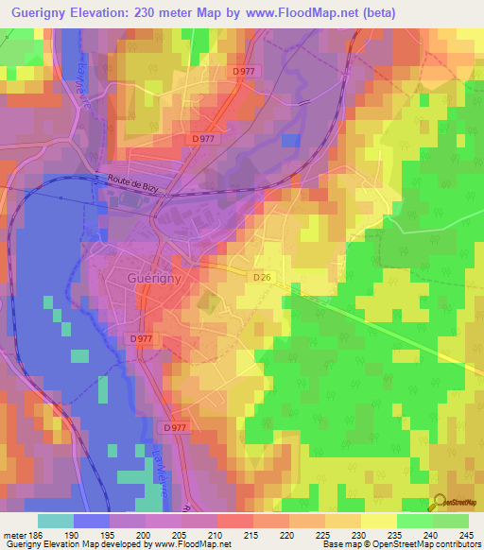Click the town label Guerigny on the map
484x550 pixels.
(154, 279)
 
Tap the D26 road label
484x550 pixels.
(263, 277)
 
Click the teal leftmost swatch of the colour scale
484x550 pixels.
(55, 521)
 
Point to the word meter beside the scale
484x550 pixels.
(12, 535)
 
